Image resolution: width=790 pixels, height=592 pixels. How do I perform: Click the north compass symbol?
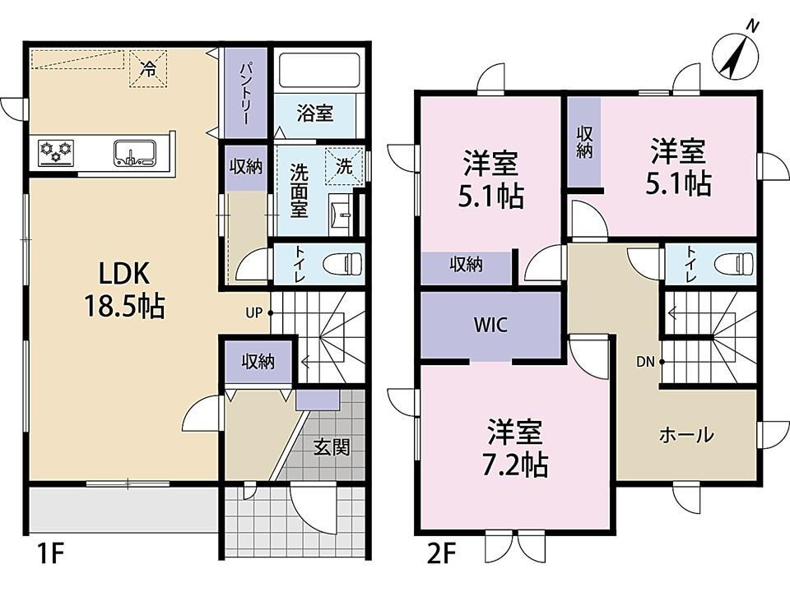click(x=737, y=57)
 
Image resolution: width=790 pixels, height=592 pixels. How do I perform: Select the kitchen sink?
click(x=134, y=153)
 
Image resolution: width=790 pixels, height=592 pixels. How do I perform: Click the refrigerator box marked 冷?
click(x=148, y=68)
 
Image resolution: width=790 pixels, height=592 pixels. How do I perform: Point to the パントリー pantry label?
click(x=245, y=94)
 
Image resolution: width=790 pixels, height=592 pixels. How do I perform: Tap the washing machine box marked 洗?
click(x=344, y=165)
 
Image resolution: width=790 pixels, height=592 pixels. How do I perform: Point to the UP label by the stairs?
click(x=254, y=312)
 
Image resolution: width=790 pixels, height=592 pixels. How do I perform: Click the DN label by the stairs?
click(x=645, y=362)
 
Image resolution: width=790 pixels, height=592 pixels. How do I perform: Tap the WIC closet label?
click(x=490, y=325)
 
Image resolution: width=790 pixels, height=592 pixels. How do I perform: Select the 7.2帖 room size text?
click(x=515, y=465)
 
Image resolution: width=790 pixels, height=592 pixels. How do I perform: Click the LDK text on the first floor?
click(x=123, y=275)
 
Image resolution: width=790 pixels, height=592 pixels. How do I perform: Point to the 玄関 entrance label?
click(x=332, y=447)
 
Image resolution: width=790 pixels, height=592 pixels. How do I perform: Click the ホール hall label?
click(x=686, y=434)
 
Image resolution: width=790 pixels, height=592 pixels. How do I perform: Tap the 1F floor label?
click(x=50, y=555)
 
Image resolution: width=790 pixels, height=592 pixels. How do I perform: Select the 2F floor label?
click(x=441, y=555)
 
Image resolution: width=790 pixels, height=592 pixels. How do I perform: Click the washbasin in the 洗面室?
click(x=340, y=215)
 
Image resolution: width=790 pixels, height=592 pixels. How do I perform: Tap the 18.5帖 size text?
click(x=124, y=306)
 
